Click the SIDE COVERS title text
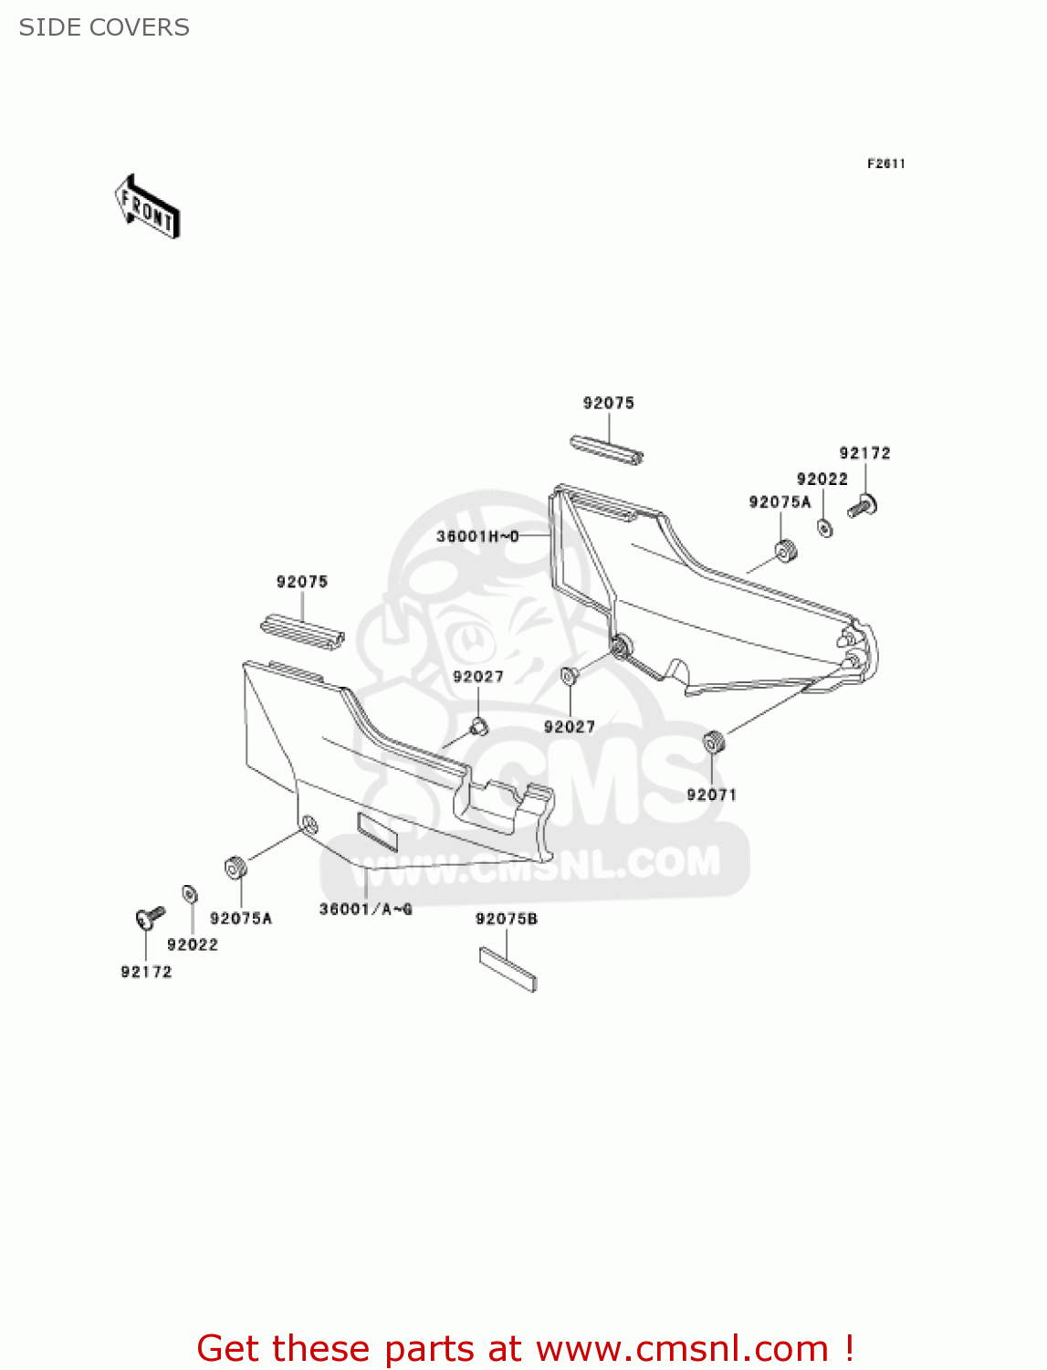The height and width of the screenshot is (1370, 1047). coord(104,27)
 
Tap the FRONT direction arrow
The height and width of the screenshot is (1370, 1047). coord(147,207)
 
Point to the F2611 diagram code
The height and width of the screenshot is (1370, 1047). coord(885,163)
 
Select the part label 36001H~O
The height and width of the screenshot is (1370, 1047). coord(477,536)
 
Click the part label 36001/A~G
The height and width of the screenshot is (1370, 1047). coord(365,909)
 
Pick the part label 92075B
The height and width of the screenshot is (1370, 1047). coord(506,919)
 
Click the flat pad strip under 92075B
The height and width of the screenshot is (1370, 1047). coord(508,968)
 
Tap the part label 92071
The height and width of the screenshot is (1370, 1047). coord(711,795)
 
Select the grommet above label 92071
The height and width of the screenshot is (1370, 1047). coord(713,743)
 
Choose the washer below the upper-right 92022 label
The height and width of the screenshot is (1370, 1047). coord(824,527)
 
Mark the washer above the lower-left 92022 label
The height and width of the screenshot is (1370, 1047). coord(190,893)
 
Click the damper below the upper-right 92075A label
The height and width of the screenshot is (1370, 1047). coord(785,552)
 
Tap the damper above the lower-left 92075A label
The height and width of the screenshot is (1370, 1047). coord(236,867)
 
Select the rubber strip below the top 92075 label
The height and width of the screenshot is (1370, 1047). coord(607,449)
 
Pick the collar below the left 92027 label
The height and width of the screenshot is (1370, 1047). coord(478,727)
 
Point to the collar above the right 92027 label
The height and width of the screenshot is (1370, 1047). coord(568,676)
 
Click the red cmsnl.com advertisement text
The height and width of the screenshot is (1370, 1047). coord(525,1348)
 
